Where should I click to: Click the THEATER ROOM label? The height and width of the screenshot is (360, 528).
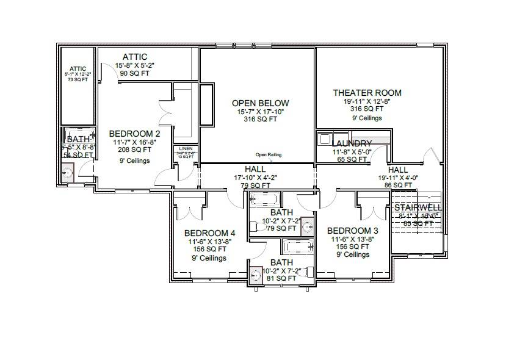pos(367,93)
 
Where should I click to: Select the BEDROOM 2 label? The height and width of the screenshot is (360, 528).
pos(134,134)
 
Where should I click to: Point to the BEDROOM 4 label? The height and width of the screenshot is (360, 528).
pos(209,233)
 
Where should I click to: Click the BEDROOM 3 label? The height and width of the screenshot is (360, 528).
pos(352,231)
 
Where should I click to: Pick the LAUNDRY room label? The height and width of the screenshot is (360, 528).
pos(352,143)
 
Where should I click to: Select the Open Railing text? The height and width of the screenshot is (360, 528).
pos(269,155)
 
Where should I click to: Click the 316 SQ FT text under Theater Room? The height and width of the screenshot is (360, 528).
pos(367,109)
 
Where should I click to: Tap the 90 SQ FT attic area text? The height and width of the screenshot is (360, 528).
pos(134,73)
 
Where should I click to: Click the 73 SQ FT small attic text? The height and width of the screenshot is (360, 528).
pos(78,79)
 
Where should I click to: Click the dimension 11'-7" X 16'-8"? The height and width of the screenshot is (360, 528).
pos(134,142)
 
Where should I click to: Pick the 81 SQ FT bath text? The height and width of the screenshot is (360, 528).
pos(281,278)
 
